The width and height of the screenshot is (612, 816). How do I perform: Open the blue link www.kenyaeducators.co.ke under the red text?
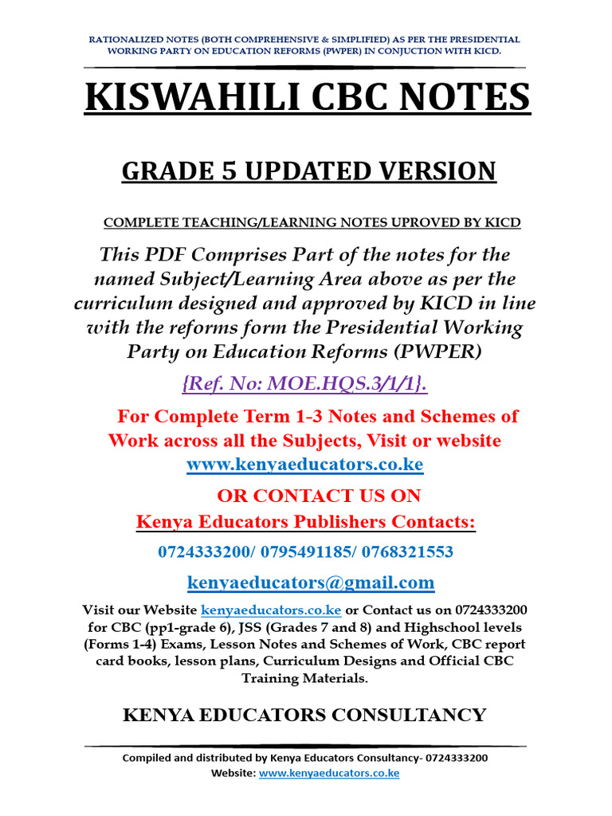(x=305, y=464)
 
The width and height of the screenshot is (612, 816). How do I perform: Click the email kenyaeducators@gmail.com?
(x=311, y=583)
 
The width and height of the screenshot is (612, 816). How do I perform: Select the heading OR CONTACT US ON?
(x=319, y=495)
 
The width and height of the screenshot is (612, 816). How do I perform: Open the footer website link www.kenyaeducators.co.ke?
(x=329, y=773)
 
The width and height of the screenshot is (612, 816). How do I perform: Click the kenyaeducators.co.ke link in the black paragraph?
(x=272, y=610)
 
